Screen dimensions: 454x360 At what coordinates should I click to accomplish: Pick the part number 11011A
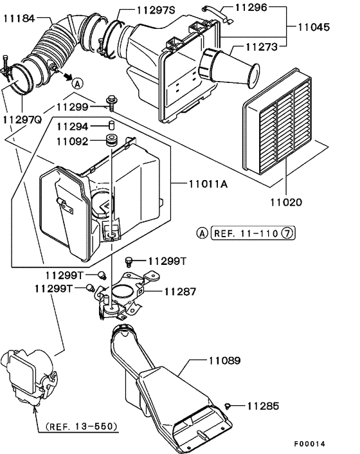pyautogui.click(x=210, y=184)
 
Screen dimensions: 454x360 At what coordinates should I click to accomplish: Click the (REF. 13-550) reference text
pyautogui.click(x=81, y=426)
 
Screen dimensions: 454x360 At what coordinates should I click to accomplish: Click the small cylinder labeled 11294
pyautogui.click(x=110, y=125)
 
